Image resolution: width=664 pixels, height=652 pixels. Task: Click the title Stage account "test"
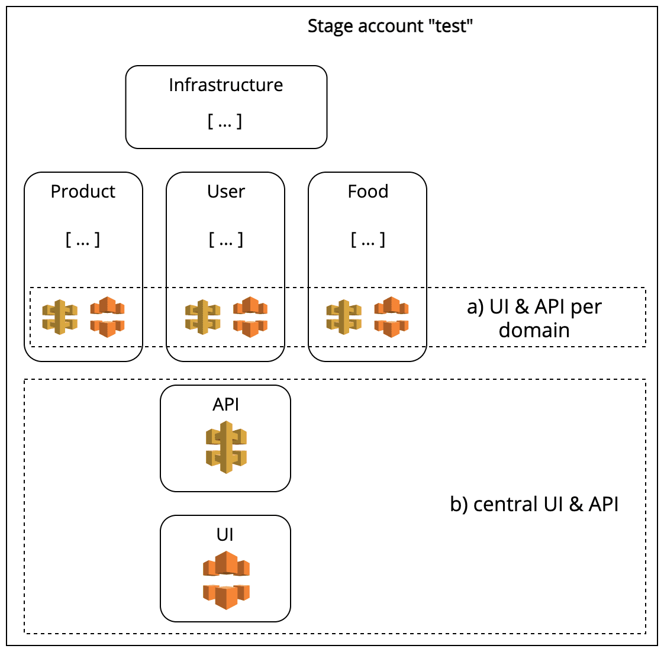point(390,26)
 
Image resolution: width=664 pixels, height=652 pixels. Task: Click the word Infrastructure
point(225,85)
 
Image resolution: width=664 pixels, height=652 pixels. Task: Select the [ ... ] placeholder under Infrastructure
point(225,121)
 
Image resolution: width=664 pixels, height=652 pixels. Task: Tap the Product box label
point(83,192)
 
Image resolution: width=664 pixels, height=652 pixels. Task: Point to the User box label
point(225,192)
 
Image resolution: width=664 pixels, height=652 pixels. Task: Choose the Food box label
point(368,192)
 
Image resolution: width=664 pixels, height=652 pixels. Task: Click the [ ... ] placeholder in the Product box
point(83,240)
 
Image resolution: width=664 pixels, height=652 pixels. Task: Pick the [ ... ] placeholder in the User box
point(225,240)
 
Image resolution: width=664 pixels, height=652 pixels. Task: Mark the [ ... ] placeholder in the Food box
point(368,240)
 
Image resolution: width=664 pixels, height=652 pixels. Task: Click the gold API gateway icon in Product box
point(60,317)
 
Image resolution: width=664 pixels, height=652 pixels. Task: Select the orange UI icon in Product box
point(107,317)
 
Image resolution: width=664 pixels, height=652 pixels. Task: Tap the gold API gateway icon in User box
point(202,317)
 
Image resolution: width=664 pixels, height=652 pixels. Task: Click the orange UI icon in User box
point(250,317)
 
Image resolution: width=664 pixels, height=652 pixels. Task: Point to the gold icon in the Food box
point(344,317)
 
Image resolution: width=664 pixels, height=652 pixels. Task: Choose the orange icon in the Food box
point(391,317)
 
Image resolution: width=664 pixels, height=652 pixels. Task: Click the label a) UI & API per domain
point(534,318)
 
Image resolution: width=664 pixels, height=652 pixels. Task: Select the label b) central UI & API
point(534,504)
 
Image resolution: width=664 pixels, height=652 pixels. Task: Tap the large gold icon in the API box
point(226,447)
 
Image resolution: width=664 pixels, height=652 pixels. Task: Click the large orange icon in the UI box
point(226,580)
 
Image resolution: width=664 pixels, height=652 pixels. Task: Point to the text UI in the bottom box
point(225,535)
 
